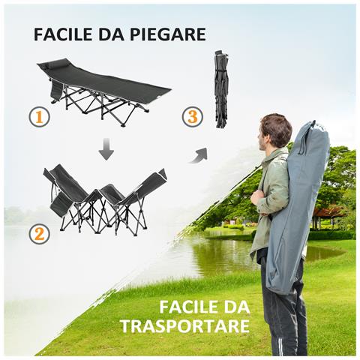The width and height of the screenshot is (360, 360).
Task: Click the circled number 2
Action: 40,234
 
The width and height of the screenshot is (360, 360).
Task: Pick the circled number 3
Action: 193,117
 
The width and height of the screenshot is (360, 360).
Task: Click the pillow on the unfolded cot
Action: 50,67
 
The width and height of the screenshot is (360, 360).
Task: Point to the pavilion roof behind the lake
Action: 330,212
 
